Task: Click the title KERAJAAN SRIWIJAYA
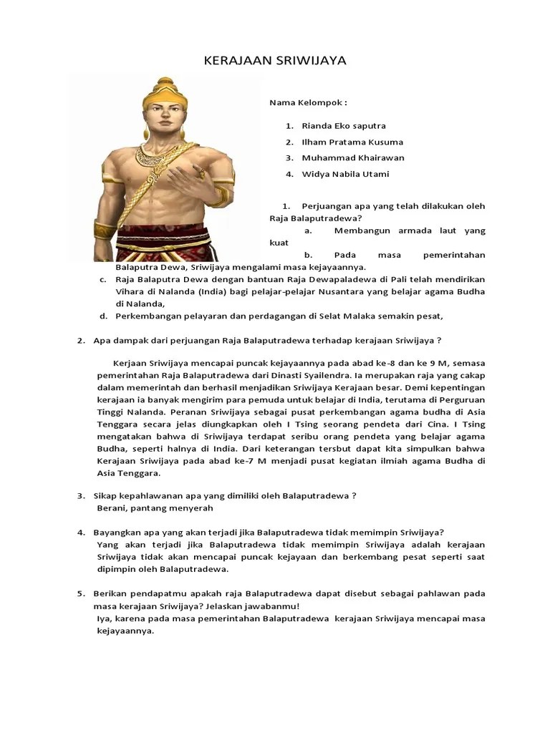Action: pyautogui.click(x=275, y=61)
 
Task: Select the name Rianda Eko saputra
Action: pyautogui.click(x=344, y=126)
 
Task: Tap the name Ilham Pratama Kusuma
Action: pyautogui.click(x=352, y=142)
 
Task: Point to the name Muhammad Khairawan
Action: pyautogui.click(x=353, y=158)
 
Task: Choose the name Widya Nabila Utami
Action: pyautogui.click(x=345, y=174)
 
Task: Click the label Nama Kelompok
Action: pyautogui.click(x=303, y=102)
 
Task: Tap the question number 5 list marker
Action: pyautogui.click(x=80, y=593)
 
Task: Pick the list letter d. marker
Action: pyautogui.click(x=103, y=316)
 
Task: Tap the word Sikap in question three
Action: pyautogui.click(x=106, y=495)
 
